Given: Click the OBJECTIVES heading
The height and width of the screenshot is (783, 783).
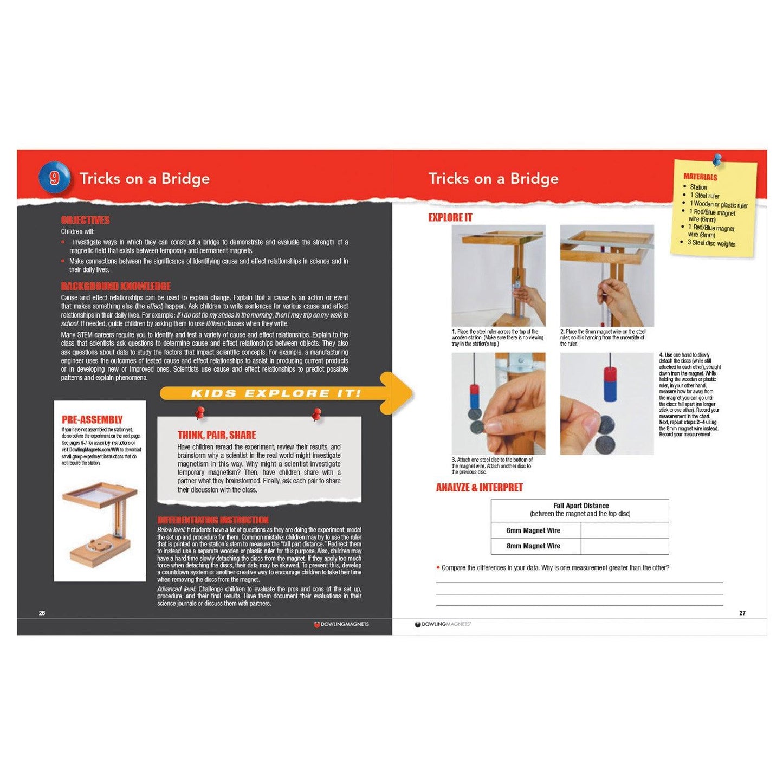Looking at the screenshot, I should [85, 220].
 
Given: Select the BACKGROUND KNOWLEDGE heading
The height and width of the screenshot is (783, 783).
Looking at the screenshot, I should [115, 286].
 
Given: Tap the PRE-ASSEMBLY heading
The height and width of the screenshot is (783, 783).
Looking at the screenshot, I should [92, 419].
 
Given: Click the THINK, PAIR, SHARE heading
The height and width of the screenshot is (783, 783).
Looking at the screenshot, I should [217, 435].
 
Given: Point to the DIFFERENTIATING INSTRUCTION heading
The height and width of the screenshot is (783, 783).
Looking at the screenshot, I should [212, 520].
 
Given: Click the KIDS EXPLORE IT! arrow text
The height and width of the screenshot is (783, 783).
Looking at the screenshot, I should [276, 393].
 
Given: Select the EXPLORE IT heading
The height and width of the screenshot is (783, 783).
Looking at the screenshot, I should [450, 217].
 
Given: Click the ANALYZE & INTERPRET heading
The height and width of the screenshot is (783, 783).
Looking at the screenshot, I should [479, 487].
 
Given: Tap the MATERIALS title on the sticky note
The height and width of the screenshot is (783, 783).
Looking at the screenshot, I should [700, 177].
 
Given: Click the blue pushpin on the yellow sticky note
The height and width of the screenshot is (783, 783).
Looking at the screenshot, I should [717, 160].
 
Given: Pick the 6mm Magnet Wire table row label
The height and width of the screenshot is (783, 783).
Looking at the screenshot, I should [533, 530].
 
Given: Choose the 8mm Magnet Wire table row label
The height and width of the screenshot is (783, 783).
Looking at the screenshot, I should [533, 546].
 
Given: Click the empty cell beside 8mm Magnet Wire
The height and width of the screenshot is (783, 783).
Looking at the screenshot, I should [624, 546].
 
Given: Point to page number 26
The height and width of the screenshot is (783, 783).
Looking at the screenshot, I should [42, 613].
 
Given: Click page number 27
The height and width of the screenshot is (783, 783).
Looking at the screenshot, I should [742, 613].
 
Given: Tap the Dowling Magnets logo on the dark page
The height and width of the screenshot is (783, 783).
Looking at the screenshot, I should [341, 624].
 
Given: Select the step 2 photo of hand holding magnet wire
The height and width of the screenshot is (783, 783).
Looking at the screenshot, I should [607, 275].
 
